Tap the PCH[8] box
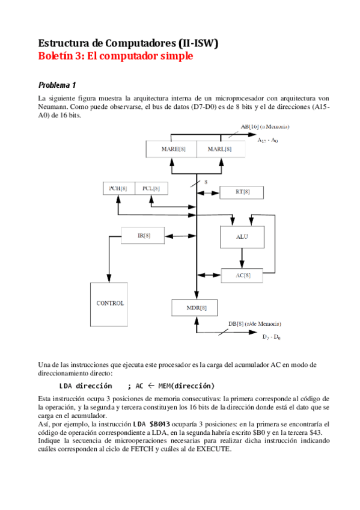click(118, 188)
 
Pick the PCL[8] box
click(151, 188)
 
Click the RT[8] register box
click(242, 192)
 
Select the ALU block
click(242, 237)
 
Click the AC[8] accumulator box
click(242, 275)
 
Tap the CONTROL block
click(110, 303)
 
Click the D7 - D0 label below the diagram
click(272, 337)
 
